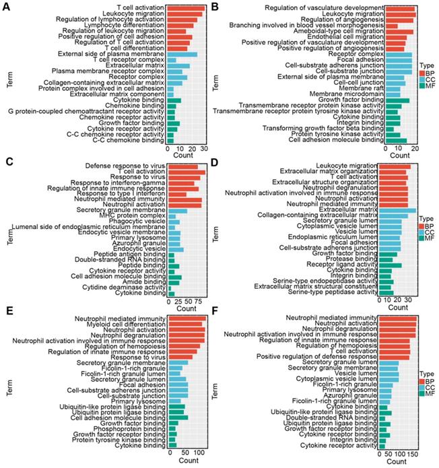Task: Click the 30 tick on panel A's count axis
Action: tap(203, 148)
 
